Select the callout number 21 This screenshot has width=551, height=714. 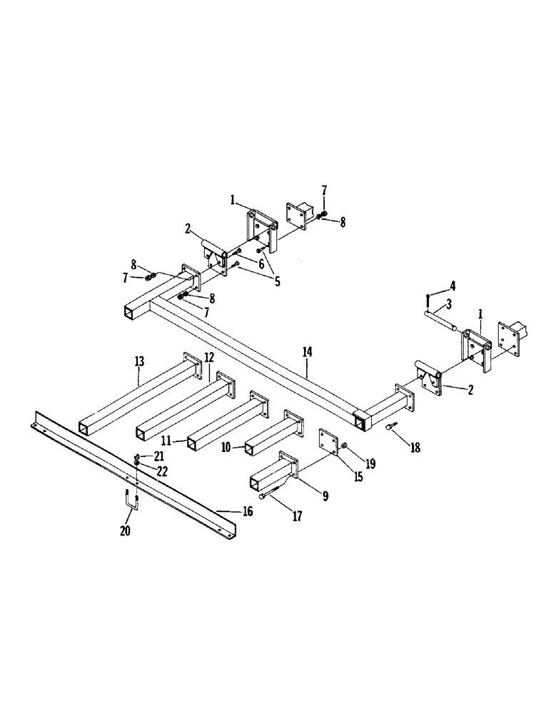pyautogui.click(x=161, y=455)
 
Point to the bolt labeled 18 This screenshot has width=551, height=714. pyautogui.click(x=390, y=427)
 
